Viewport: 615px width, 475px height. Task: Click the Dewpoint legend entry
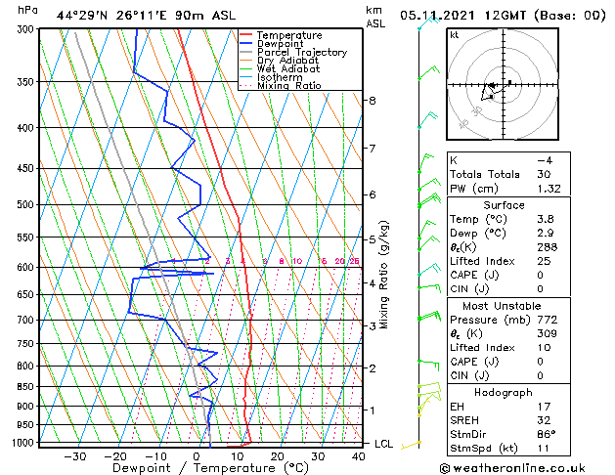pyautogui.click(x=286, y=44)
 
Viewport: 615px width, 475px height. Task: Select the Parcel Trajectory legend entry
pyautogui.click(x=301, y=53)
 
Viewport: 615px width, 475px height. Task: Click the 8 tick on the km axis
pyautogui.click(x=372, y=101)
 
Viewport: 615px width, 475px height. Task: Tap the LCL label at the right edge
pyautogui.click(x=385, y=444)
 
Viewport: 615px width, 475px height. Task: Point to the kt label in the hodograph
pyautogui.click(x=454, y=35)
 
